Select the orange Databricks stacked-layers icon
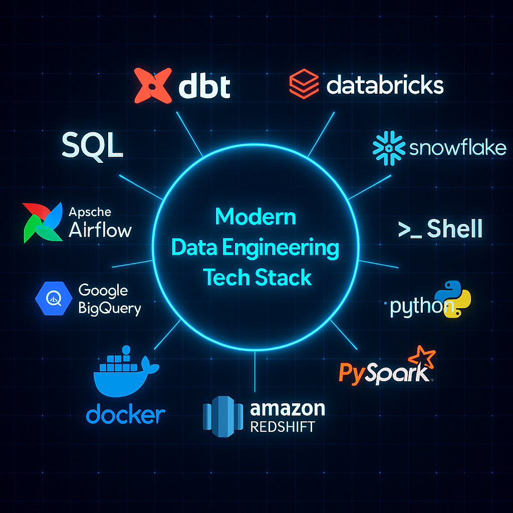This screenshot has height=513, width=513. tap(304, 84)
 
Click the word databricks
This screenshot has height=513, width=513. tap(385, 85)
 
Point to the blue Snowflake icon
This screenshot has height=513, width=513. tap(389, 148)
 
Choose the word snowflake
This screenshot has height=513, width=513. tap(457, 148)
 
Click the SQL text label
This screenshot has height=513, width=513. tap(92, 146)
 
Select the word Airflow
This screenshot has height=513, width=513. tap(100, 230)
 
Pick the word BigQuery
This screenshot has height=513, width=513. tap(110, 308)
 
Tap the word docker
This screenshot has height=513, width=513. tap(125, 415)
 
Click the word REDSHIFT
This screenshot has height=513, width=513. tap(283, 427)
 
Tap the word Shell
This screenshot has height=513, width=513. tap(454, 228)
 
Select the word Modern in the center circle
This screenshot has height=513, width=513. tap(255, 217)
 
